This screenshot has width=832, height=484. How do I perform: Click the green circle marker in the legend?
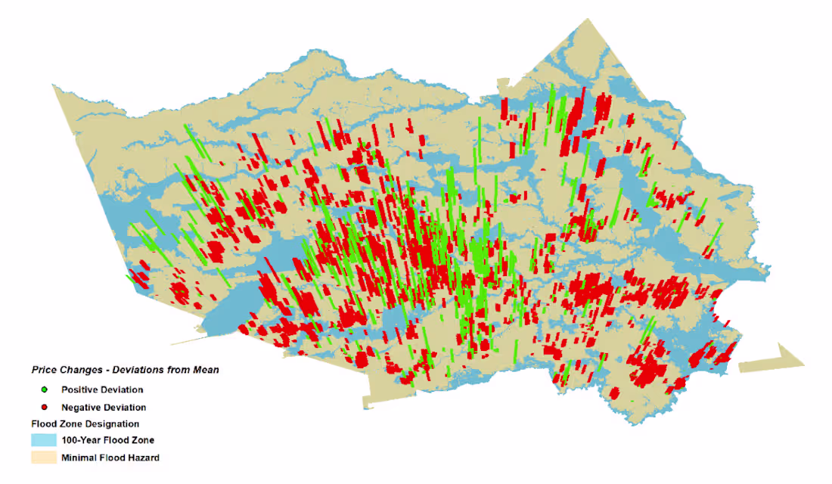click(45, 389)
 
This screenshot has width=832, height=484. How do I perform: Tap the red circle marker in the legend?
click(45, 408)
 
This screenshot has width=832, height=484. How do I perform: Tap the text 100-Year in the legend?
click(79, 440)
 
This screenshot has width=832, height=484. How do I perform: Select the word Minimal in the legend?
click(78, 458)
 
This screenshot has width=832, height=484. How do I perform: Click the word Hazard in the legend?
click(144, 458)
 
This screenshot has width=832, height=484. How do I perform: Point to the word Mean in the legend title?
click(206, 370)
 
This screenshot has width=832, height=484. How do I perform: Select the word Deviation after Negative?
click(125, 408)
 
